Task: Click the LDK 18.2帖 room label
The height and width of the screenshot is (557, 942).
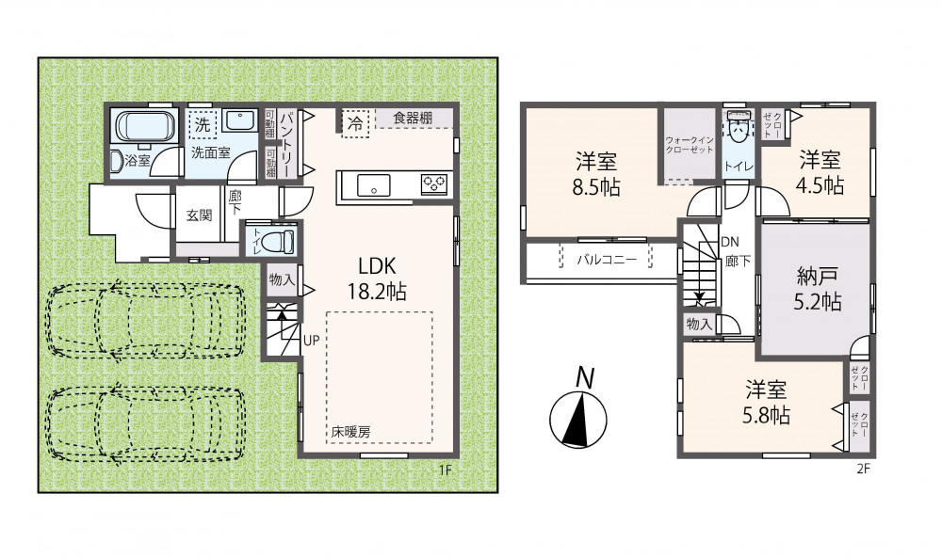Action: click(x=377, y=278)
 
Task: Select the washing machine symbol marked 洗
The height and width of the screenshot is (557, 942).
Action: click(x=203, y=125)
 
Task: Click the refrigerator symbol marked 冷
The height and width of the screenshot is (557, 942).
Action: click(x=355, y=125)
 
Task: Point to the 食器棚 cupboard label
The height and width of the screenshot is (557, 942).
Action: click(x=413, y=118)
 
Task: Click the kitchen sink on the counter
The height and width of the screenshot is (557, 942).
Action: click(x=374, y=184)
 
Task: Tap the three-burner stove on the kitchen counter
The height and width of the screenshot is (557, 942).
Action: click(x=435, y=183)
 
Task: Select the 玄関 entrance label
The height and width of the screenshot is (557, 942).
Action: click(x=198, y=215)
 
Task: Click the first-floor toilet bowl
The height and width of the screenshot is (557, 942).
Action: click(x=281, y=241)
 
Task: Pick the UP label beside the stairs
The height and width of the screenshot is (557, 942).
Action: click(x=311, y=340)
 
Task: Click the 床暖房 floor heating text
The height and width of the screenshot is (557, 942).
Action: click(x=350, y=431)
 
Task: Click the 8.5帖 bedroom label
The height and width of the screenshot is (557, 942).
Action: click(x=596, y=174)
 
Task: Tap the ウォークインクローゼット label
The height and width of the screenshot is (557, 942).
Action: click(x=689, y=145)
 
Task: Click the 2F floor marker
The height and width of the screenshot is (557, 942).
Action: click(x=863, y=469)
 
